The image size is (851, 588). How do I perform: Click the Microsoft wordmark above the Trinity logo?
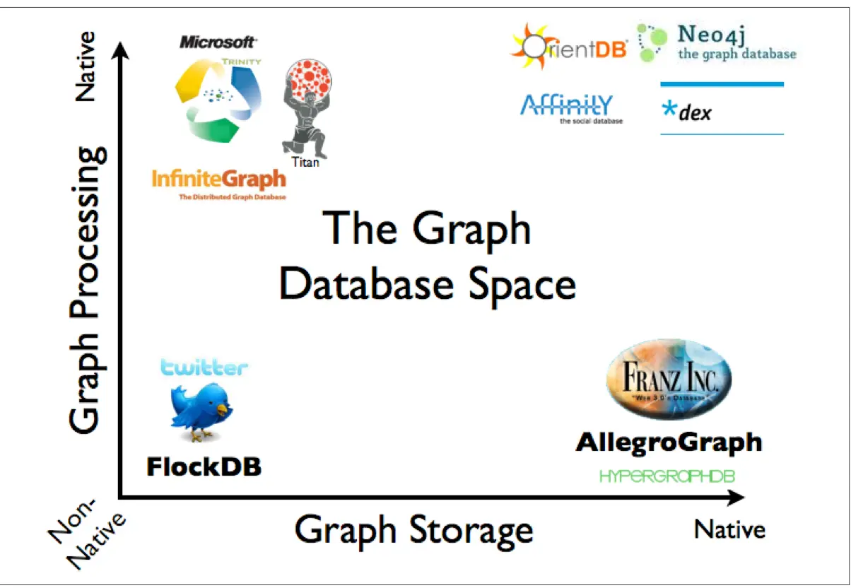tap(218, 42)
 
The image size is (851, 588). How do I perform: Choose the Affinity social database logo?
tap(566, 106)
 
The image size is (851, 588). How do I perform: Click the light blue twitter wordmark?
tap(204, 367)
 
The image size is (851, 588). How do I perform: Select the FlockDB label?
tap(204, 466)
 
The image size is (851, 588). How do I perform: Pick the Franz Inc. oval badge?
tap(669, 381)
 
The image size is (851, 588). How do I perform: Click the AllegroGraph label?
tap(669, 442)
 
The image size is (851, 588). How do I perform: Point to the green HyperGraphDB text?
tap(667, 477)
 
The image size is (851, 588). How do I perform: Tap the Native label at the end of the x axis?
tap(730, 529)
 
